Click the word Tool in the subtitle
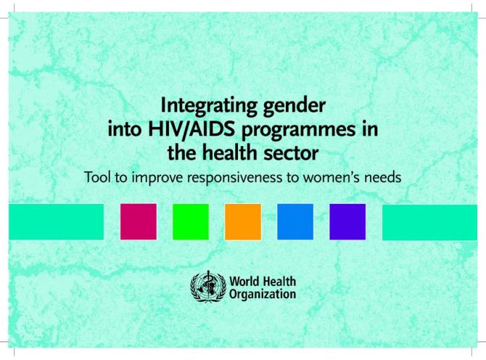[x=98, y=178]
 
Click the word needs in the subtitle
[x=383, y=178]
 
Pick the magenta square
[x=138, y=221]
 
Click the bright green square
[x=190, y=221]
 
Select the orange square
[x=242, y=221]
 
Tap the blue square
[x=295, y=221]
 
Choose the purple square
[x=347, y=221]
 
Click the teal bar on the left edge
[x=57, y=221]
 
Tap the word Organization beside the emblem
[x=262, y=294]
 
